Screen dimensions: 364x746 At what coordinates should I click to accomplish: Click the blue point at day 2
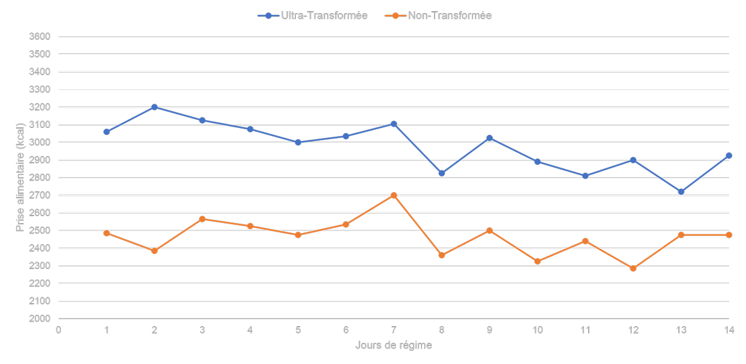point(154,107)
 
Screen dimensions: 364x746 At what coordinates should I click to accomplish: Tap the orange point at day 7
point(394,195)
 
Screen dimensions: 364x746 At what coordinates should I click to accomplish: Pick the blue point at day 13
point(681,192)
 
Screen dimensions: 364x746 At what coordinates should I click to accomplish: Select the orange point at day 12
point(633,268)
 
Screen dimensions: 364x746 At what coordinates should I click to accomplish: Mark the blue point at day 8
point(441,173)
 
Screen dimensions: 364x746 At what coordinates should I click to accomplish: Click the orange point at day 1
point(106,233)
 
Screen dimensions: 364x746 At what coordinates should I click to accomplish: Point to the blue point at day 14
point(729,155)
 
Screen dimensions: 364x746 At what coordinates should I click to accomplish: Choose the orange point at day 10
point(537,262)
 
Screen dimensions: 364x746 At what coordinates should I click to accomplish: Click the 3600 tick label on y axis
point(39,37)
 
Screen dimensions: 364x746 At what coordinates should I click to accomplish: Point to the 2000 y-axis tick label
point(39,319)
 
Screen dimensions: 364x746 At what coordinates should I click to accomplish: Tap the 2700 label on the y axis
point(39,195)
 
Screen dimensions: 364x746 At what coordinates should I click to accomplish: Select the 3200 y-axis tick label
point(39,107)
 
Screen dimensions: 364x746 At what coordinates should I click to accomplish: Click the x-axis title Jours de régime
point(394,345)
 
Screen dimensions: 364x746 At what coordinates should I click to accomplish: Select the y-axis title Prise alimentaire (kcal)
point(19,178)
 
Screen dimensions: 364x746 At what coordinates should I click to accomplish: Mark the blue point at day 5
point(298,142)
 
